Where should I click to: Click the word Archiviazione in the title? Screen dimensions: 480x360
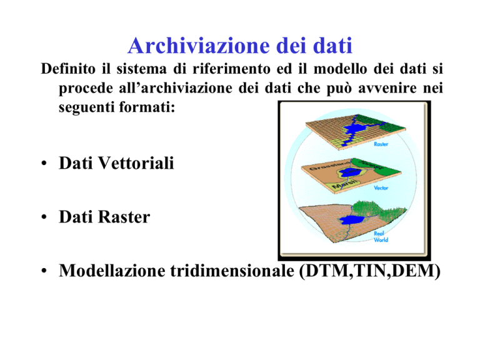[199, 46]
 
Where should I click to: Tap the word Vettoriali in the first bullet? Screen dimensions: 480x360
[136, 163]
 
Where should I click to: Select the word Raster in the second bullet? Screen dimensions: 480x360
[124, 217]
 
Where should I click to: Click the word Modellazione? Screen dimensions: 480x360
[112, 271]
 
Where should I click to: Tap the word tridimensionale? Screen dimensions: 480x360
[232, 271]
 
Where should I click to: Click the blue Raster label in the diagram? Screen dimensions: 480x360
[381, 144]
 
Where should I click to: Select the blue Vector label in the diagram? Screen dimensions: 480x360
[381, 187]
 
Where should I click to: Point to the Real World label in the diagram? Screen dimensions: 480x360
[381, 237]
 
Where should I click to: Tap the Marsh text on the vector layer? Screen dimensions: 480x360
[345, 184]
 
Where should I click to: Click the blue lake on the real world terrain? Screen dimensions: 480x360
[351, 219]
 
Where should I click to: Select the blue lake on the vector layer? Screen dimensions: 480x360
[348, 172]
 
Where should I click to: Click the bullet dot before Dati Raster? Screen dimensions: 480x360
[44, 217]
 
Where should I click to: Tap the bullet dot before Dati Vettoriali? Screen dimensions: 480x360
[44, 163]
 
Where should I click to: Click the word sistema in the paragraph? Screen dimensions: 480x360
[141, 69]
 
